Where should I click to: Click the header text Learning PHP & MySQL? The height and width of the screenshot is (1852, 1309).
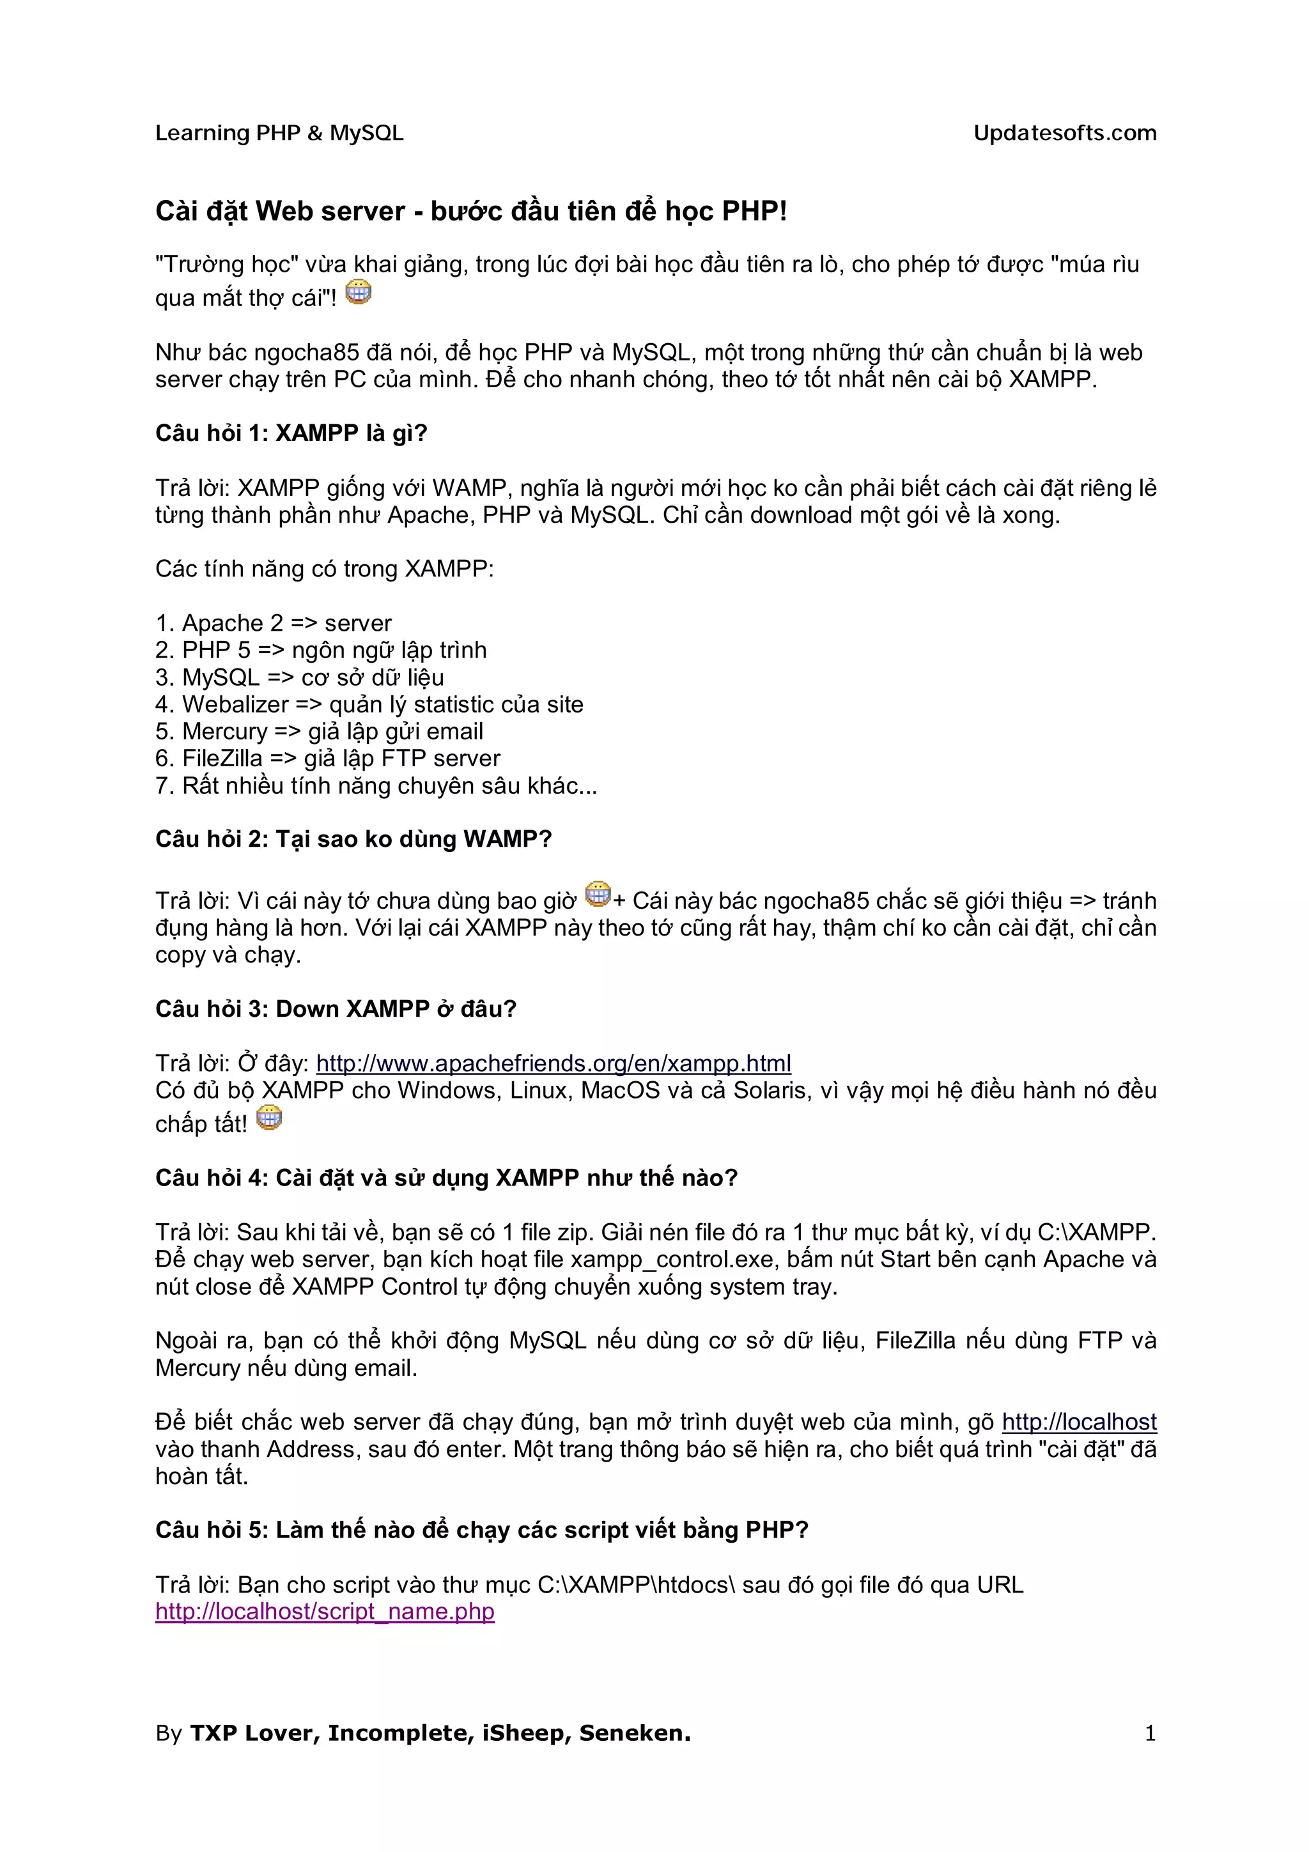coord(279,133)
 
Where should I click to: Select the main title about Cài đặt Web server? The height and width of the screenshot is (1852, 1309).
coord(470,212)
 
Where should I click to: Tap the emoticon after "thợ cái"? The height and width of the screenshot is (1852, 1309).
coord(358,292)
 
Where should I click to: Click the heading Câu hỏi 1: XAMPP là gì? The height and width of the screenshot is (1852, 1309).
coord(291,433)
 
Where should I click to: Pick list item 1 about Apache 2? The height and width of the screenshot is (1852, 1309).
coord(274,622)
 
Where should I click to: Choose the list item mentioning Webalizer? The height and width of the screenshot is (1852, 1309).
coord(369,704)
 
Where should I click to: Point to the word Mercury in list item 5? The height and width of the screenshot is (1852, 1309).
coord(224,732)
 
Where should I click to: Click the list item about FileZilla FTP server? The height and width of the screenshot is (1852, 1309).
coord(327,758)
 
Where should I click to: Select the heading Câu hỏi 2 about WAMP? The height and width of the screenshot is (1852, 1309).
coord(353,840)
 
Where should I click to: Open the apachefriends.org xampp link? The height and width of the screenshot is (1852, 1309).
coord(554,1063)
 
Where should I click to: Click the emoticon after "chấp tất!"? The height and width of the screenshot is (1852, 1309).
coord(269,1118)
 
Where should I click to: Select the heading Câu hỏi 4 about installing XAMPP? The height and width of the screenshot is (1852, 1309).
coord(446,1178)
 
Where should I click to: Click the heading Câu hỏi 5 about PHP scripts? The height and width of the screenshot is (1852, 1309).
coord(481,1530)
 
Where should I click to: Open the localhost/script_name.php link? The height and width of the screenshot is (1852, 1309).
coord(325,1612)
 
